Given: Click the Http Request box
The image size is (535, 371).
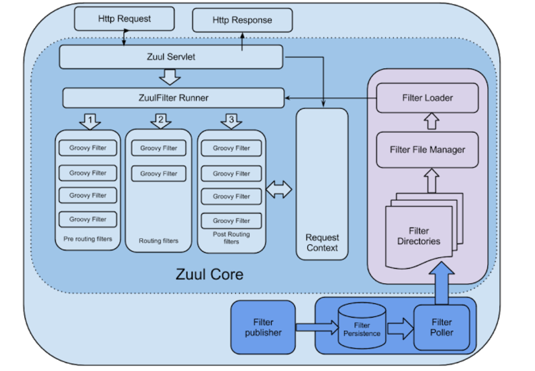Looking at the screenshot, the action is pyautogui.click(x=124, y=19).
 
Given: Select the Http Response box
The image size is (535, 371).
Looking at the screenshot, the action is pyautogui.click(x=242, y=20).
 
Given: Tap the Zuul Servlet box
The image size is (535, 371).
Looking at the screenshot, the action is pyautogui.click(x=171, y=57).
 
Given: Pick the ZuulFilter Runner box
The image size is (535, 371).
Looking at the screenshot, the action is pyautogui.click(x=173, y=98).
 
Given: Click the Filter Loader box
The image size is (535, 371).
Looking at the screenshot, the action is pyautogui.click(x=427, y=98).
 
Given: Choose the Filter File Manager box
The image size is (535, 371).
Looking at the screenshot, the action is pyautogui.click(x=427, y=150).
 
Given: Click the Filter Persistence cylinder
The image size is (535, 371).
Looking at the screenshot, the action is pyautogui.click(x=362, y=326).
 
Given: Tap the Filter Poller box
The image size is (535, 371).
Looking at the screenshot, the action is pyautogui.click(x=441, y=328).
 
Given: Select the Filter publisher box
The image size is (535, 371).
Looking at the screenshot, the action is pyautogui.click(x=263, y=328).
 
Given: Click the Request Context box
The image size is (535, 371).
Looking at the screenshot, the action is pyautogui.click(x=322, y=184).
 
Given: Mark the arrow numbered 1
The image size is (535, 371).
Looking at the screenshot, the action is pyautogui.click(x=90, y=122).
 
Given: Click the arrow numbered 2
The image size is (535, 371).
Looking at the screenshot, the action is pyautogui.click(x=160, y=121).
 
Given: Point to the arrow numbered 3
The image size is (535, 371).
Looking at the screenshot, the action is pyautogui.click(x=231, y=121).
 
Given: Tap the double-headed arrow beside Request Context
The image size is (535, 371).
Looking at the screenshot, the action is pyautogui.click(x=279, y=190).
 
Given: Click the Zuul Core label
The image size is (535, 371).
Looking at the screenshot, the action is pyautogui.click(x=210, y=274).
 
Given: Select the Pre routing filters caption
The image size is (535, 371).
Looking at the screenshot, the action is pyautogui.click(x=87, y=239).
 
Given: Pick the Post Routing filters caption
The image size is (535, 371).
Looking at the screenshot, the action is pyautogui.click(x=231, y=238).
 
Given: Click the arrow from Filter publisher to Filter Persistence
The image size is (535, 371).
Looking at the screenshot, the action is pyautogui.click(x=317, y=328).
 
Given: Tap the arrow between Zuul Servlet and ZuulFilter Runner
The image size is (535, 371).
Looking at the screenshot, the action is pyautogui.click(x=170, y=77).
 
